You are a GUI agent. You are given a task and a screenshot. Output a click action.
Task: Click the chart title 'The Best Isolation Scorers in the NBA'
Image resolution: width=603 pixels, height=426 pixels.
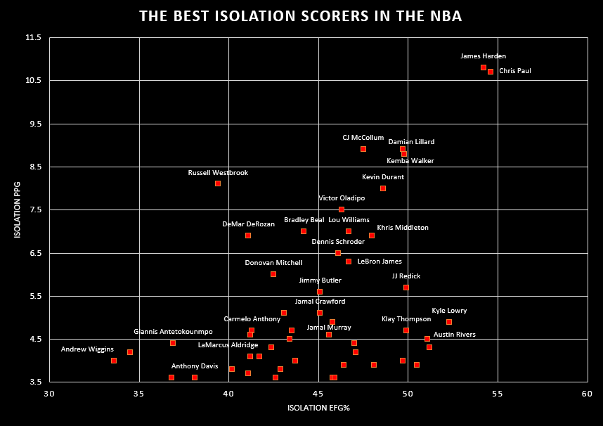pyautogui.click(x=300, y=16)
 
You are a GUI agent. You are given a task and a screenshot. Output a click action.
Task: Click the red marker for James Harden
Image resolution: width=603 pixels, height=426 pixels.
pyautogui.click(x=484, y=67)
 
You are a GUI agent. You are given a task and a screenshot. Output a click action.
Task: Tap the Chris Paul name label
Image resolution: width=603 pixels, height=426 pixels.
pyautogui.click(x=515, y=71)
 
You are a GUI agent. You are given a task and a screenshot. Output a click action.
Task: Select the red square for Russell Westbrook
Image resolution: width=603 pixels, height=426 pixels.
pyautogui.click(x=218, y=183)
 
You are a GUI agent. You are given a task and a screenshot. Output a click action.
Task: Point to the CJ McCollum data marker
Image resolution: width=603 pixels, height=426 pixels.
pyautogui.click(x=363, y=149)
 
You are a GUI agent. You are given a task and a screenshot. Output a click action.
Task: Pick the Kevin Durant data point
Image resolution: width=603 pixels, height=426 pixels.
pyautogui.click(x=383, y=188)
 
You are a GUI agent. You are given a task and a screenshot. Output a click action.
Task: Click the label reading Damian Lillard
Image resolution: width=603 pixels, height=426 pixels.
pyautogui.click(x=411, y=142)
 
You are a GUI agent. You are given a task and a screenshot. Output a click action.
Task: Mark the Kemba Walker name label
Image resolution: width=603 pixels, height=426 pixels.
pyautogui.click(x=410, y=161)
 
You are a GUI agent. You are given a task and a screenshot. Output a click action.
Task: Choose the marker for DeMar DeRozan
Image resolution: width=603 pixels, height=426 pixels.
pyautogui.click(x=248, y=235)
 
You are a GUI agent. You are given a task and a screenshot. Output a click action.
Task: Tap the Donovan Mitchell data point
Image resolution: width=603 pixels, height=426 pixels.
pyautogui.click(x=273, y=274)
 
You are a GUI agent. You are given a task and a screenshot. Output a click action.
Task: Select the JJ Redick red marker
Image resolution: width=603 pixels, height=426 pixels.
pyautogui.click(x=406, y=288)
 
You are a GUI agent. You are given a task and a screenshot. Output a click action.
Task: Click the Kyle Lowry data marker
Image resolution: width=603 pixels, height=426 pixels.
pyautogui.click(x=449, y=322)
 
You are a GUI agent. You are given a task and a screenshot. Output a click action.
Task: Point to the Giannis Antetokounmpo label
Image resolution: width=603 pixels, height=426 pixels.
pyautogui.click(x=173, y=332)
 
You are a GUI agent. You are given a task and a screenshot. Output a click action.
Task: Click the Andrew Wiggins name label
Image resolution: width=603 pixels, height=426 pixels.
pyautogui.click(x=87, y=349)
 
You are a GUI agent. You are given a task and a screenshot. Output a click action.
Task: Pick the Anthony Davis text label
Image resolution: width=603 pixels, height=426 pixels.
pyautogui.click(x=195, y=366)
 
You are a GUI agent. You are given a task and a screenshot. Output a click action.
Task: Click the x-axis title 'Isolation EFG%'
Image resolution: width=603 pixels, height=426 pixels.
pyautogui.click(x=318, y=408)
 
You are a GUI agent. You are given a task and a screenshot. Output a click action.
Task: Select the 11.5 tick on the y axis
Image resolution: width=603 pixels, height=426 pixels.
pyautogui.click(x=34, y=37)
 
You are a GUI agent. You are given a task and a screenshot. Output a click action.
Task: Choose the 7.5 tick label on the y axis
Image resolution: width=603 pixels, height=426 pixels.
pyautogui.click(x=34, y=210)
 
